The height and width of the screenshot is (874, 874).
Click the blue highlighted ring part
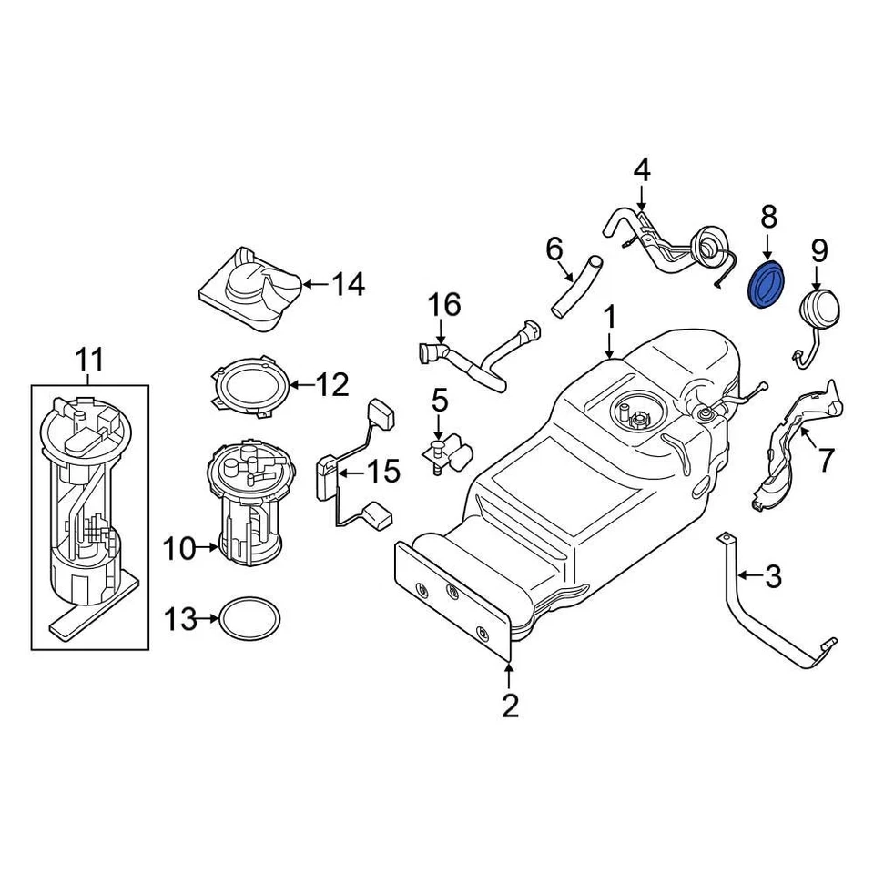767,286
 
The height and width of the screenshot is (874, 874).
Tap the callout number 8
768,217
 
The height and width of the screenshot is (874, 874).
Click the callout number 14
347,285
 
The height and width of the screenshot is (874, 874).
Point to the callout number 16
445,305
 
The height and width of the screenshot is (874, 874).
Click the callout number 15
382,471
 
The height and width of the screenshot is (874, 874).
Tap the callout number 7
825,460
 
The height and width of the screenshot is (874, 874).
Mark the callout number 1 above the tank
610,318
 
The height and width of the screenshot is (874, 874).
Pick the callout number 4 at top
642,169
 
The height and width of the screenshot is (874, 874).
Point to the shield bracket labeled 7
792,446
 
